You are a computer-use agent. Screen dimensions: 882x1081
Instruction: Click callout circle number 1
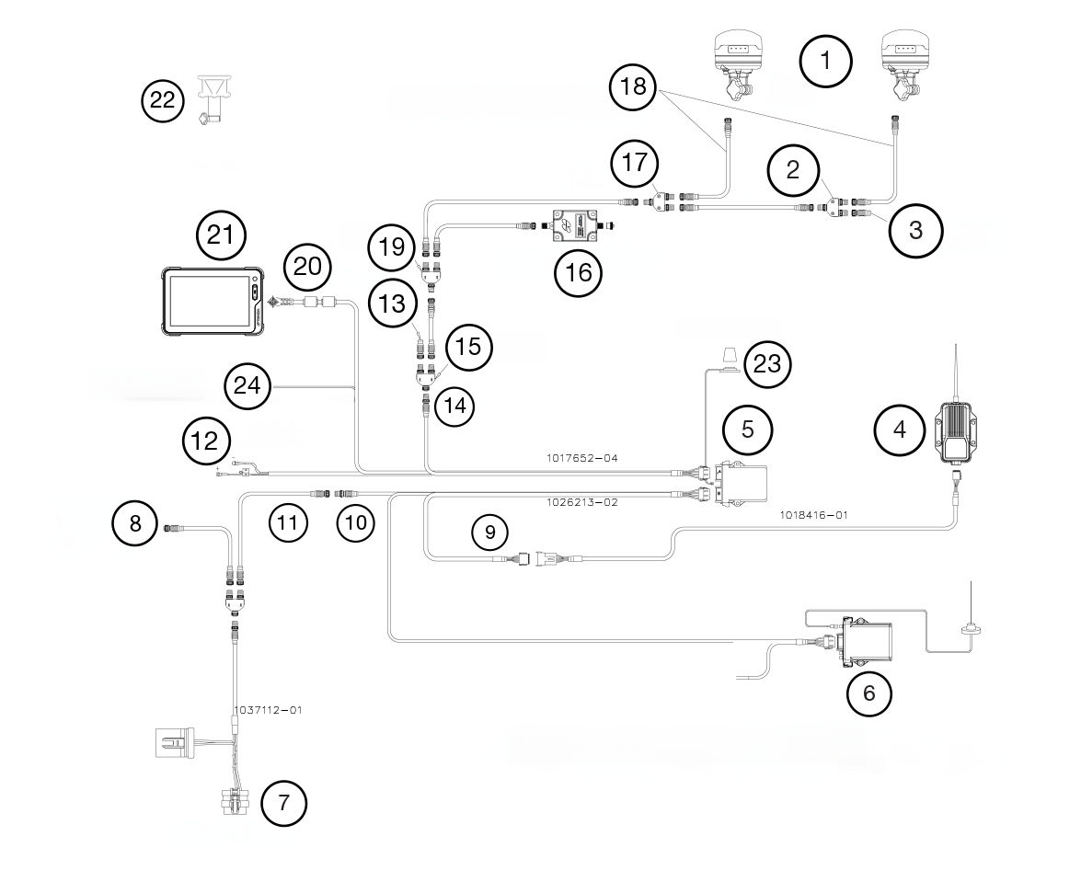point(825,62)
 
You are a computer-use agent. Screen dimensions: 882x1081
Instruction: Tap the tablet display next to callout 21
point(211,302)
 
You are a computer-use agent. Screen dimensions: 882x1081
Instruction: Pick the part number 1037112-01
point(268,710)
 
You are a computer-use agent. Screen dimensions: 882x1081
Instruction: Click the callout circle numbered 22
point(162,100)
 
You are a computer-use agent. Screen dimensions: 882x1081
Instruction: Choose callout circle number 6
point(868,693)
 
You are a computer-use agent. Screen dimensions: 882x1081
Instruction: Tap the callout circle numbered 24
point(247,386)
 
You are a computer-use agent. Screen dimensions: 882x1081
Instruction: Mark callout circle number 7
point(283,803)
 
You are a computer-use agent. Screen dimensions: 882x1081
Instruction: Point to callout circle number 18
point(635,87)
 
